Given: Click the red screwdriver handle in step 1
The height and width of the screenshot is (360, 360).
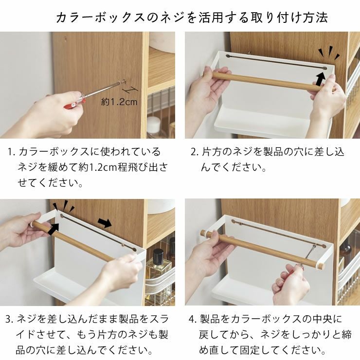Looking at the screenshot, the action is tap(74, 103).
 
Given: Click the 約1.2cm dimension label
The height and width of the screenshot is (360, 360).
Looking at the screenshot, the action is tap(119, 102).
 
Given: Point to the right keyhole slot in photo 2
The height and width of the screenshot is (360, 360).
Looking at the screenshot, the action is tap(324, 68).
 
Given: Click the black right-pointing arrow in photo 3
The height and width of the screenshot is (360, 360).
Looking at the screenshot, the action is tap(105, 223).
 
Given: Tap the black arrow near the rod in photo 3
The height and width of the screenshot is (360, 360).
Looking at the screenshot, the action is tap(54, 229).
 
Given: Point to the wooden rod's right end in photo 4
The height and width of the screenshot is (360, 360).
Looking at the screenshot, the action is tap(321, 266).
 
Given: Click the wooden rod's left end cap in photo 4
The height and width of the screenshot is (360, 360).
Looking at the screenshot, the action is tap(204, 233).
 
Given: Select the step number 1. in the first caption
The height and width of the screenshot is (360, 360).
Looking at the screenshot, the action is tap(12, 152).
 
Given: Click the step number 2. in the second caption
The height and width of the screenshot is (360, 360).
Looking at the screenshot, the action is tap(195, 152).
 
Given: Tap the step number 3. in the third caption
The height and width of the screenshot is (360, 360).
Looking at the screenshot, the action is tap(10, 319).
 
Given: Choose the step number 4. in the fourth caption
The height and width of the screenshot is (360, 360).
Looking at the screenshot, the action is tap(193, 319).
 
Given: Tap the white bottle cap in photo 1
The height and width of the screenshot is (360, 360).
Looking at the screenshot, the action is tap(153, 123).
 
